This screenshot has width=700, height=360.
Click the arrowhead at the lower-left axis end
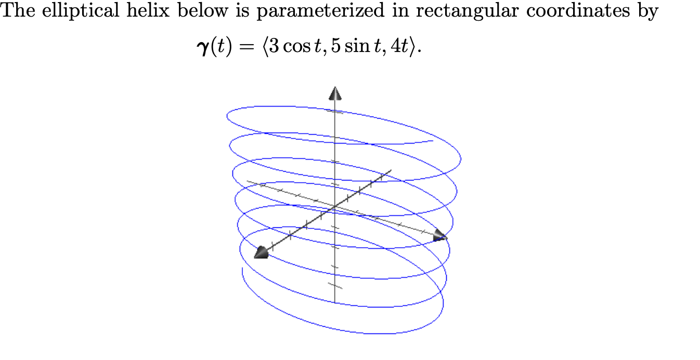[261, 253]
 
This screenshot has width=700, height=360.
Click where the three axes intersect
[335, 207]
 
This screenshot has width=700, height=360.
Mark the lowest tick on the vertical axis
[335, 285]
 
